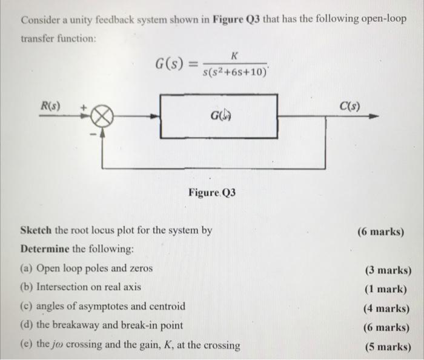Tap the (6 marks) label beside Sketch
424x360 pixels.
click(381, 232)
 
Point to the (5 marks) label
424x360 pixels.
click(387, 347)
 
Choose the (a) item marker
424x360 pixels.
click(27, 268)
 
